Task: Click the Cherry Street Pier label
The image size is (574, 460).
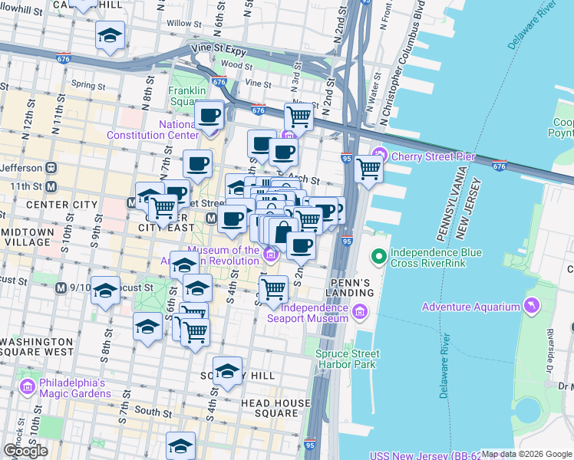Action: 433,156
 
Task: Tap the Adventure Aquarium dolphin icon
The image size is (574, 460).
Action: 531,307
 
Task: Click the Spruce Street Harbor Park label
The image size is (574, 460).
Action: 347,359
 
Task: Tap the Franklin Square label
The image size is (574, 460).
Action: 186,96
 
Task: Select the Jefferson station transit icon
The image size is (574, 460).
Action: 51,167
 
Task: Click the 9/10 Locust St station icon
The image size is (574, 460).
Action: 61,287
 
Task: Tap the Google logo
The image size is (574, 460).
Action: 25,451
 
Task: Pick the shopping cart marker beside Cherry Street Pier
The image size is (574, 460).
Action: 369,168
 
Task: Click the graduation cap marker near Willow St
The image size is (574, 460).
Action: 111,35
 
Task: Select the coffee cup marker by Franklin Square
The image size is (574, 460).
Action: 209,116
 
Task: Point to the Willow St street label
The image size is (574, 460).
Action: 183,23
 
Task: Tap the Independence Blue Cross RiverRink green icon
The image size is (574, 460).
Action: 378,257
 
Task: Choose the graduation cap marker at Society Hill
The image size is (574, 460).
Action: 228,372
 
